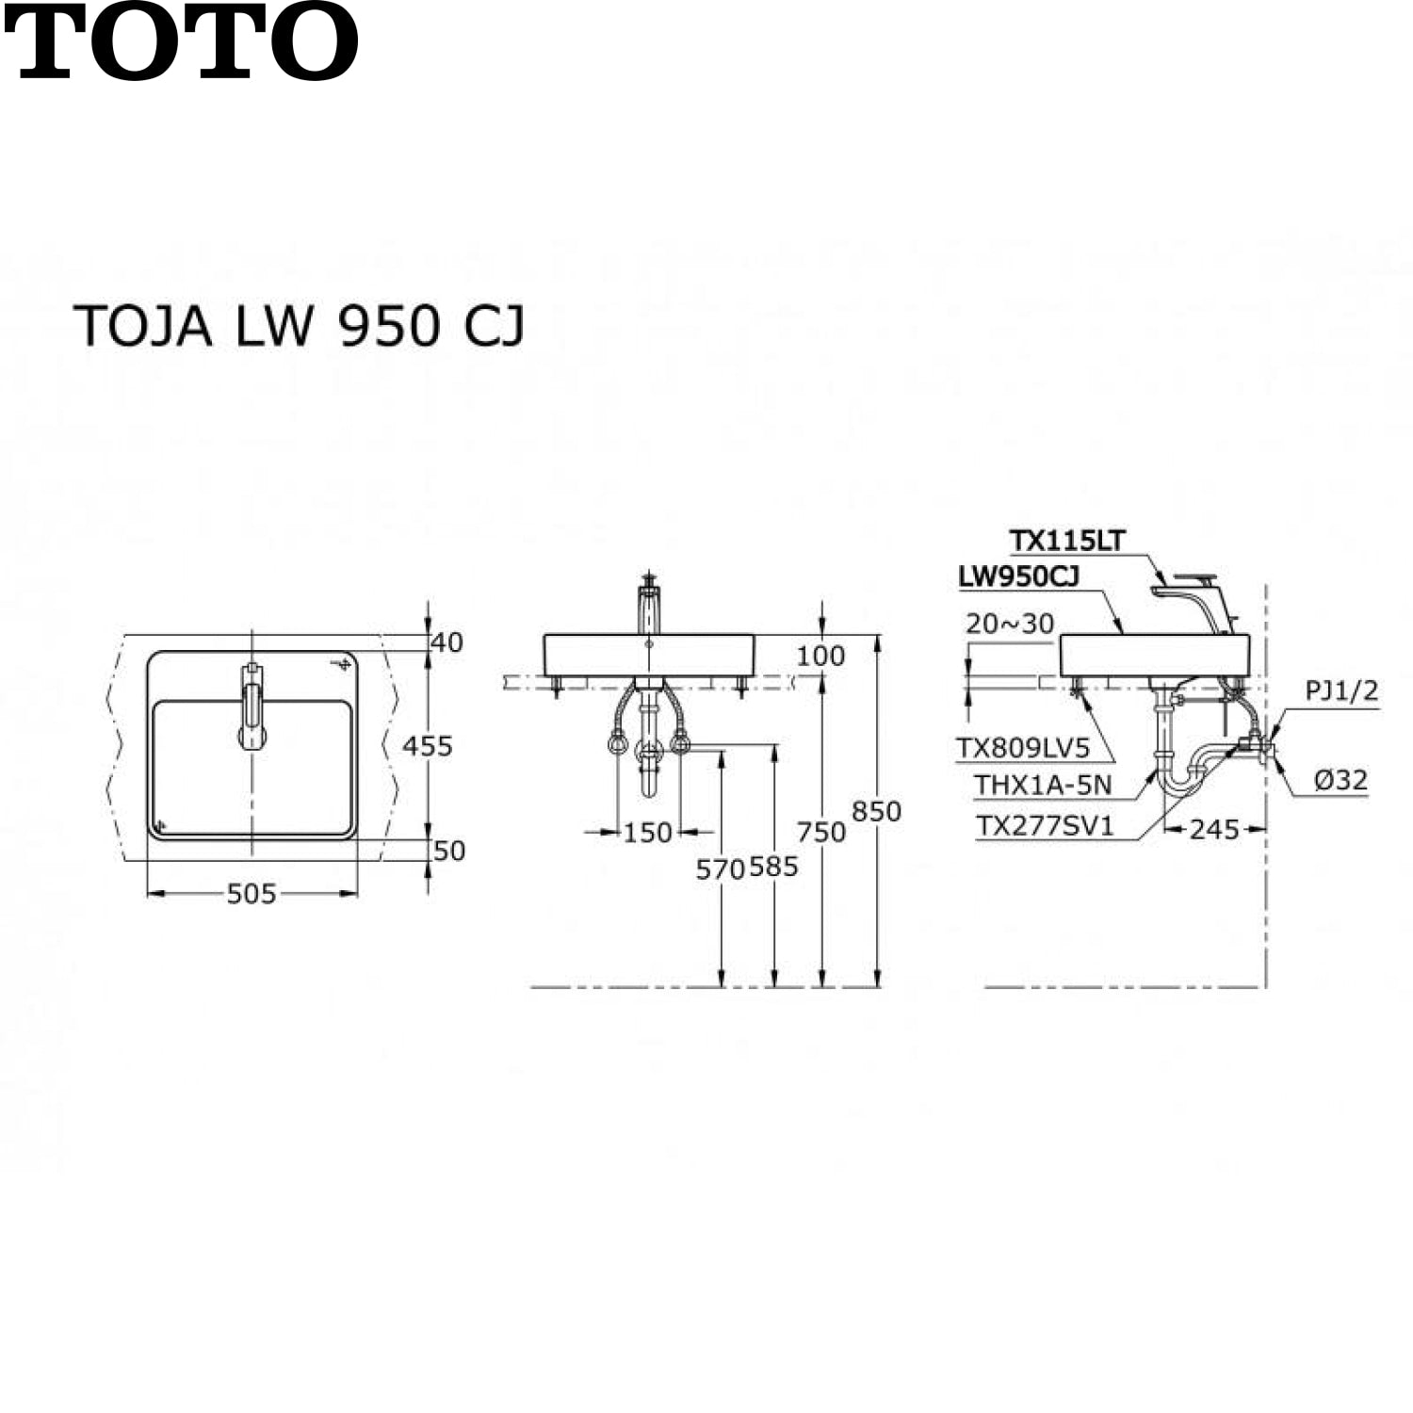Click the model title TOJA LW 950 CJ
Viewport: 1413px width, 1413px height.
tap(300, 326)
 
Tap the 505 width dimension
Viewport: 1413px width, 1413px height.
tap(252, 893)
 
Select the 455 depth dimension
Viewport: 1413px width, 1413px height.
tap(428, 746)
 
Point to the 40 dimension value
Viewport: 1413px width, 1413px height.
tap(447, 642)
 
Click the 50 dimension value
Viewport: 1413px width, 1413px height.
tap(449, 851)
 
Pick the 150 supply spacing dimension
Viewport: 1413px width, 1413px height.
tap(648, 832)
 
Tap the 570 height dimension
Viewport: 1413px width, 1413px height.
tap(721, 869)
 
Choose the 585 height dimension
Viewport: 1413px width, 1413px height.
tap(774, 867)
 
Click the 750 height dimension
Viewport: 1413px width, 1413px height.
tap(821, 832)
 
